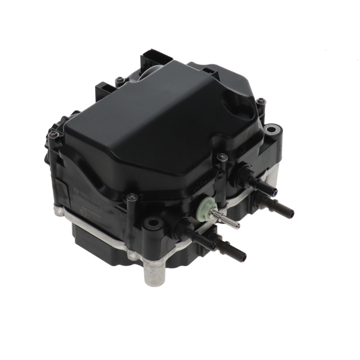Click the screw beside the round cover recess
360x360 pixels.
[x=261, y=102]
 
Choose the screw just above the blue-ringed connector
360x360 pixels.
[x=222, y=157]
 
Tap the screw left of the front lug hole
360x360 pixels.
[x=132, y=197]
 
